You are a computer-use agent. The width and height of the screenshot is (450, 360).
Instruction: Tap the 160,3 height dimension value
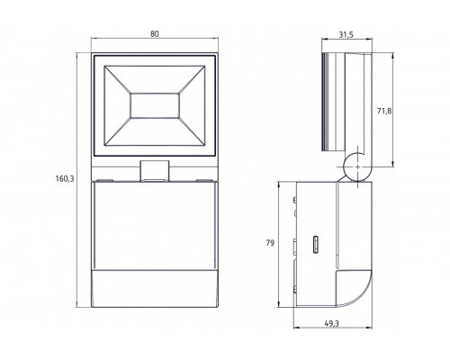[62, 178]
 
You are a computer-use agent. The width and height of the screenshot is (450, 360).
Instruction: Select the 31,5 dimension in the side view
[346, 36]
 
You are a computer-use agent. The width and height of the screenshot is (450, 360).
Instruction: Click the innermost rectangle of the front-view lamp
[154, 105]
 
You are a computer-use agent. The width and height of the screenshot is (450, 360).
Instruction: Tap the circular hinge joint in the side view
[356, 168]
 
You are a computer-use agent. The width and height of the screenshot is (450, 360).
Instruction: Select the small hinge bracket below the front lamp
[154, 169]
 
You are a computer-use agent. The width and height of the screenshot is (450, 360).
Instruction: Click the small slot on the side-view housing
[314, 244]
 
